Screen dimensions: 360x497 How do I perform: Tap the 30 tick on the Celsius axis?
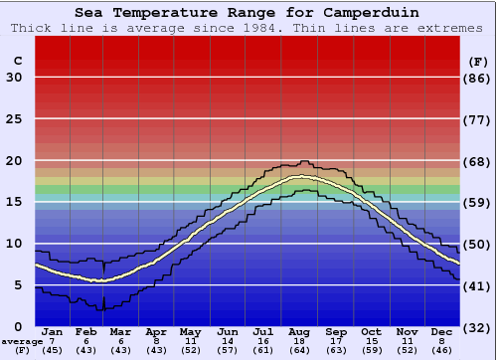coord(14,78)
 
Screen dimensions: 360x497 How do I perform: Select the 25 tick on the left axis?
coord(14,119)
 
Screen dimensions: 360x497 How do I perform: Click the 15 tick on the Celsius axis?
coord(14,202)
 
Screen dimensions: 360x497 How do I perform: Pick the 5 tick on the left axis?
coord(18,285)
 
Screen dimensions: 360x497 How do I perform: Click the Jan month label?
coord(53,332)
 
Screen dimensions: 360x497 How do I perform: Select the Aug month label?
coord(299,332)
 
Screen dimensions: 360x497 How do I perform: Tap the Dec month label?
coord(441,332)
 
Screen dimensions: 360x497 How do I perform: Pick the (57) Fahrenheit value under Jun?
coord(229,350)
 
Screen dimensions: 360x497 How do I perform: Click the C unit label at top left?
coord(17,61)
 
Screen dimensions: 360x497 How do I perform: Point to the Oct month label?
coord(371,332)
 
